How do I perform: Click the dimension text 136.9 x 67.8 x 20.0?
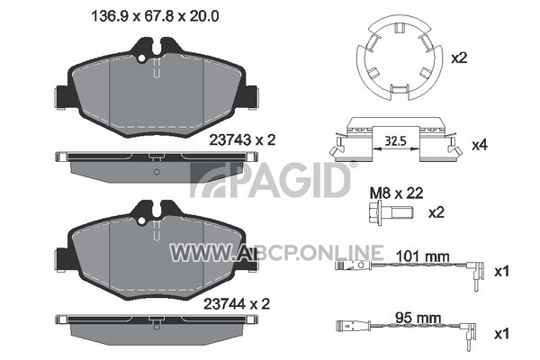pos(155,16)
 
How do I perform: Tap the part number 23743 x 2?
pos(242,140)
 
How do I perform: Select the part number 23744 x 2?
pos(237,304)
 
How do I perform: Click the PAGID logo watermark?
pos(270,179)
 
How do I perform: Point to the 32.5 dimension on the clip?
pos(396,141)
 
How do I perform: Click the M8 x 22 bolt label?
pos(396,193)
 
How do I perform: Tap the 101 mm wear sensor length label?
pos(422,256)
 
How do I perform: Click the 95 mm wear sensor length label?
pos(418,318)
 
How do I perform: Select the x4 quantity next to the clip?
pos(480,146)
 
